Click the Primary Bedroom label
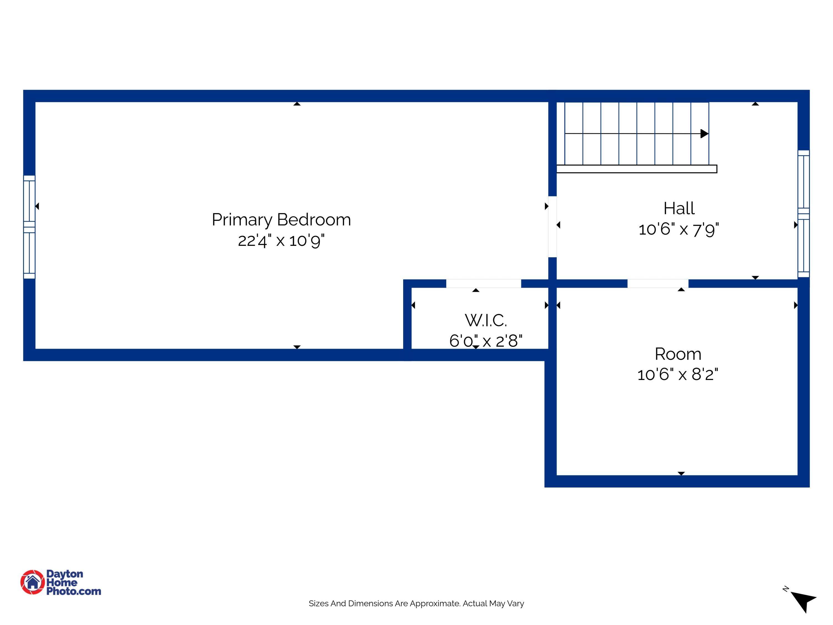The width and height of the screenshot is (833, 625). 281,220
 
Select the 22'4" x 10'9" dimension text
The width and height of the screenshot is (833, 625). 281,240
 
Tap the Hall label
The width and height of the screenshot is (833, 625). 679,208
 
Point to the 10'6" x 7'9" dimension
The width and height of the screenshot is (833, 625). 679,229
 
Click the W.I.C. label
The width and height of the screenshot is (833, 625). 486,321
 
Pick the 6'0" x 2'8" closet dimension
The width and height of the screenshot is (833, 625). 486,341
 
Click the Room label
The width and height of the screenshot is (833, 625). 678,354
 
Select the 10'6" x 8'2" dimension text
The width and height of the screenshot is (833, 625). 678,374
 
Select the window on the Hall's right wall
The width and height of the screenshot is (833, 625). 803,214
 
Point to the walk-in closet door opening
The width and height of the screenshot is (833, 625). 483,283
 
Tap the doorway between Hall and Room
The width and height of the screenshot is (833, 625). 658,283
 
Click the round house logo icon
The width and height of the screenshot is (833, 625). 33,582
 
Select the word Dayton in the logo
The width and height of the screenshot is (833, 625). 65,574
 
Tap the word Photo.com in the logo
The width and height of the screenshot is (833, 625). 74,591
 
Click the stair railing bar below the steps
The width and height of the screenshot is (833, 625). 636,169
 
